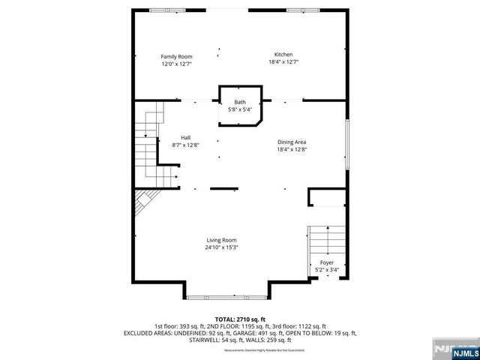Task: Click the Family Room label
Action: pos(177,56)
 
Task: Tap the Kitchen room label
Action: pos(283,55)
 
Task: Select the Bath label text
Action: pos(240,102)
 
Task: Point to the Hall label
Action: pos(185,136)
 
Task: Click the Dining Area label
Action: pos(292,142)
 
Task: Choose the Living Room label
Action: pos(221,239)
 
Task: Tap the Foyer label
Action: pos(328,262)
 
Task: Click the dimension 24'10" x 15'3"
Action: pos(221,247)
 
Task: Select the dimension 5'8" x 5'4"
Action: pos(240,109)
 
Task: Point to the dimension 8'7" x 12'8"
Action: pos(185,145)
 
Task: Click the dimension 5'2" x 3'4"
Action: pos(328,270)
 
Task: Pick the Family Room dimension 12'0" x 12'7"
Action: pos(177,64)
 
